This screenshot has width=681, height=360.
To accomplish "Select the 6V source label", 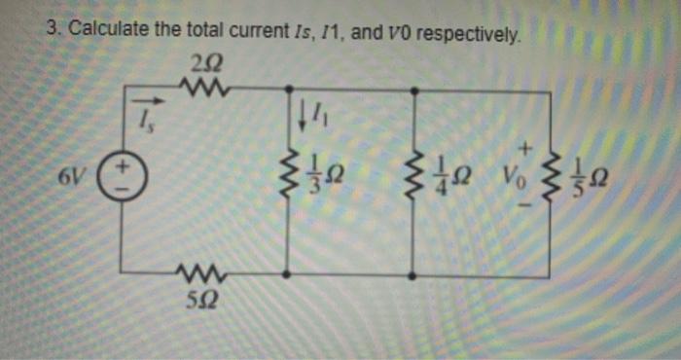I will tap(71, 178).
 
